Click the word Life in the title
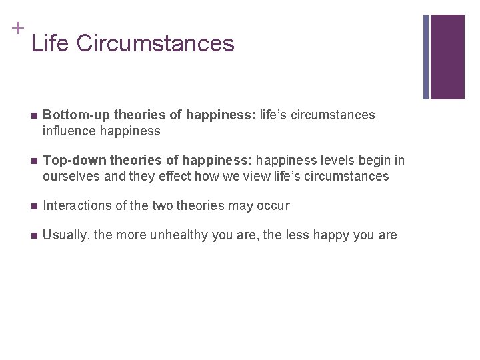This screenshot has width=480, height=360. tap(51, 43)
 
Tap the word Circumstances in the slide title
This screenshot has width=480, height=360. tap(155, 43)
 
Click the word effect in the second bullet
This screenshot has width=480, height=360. tap(169, 177)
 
